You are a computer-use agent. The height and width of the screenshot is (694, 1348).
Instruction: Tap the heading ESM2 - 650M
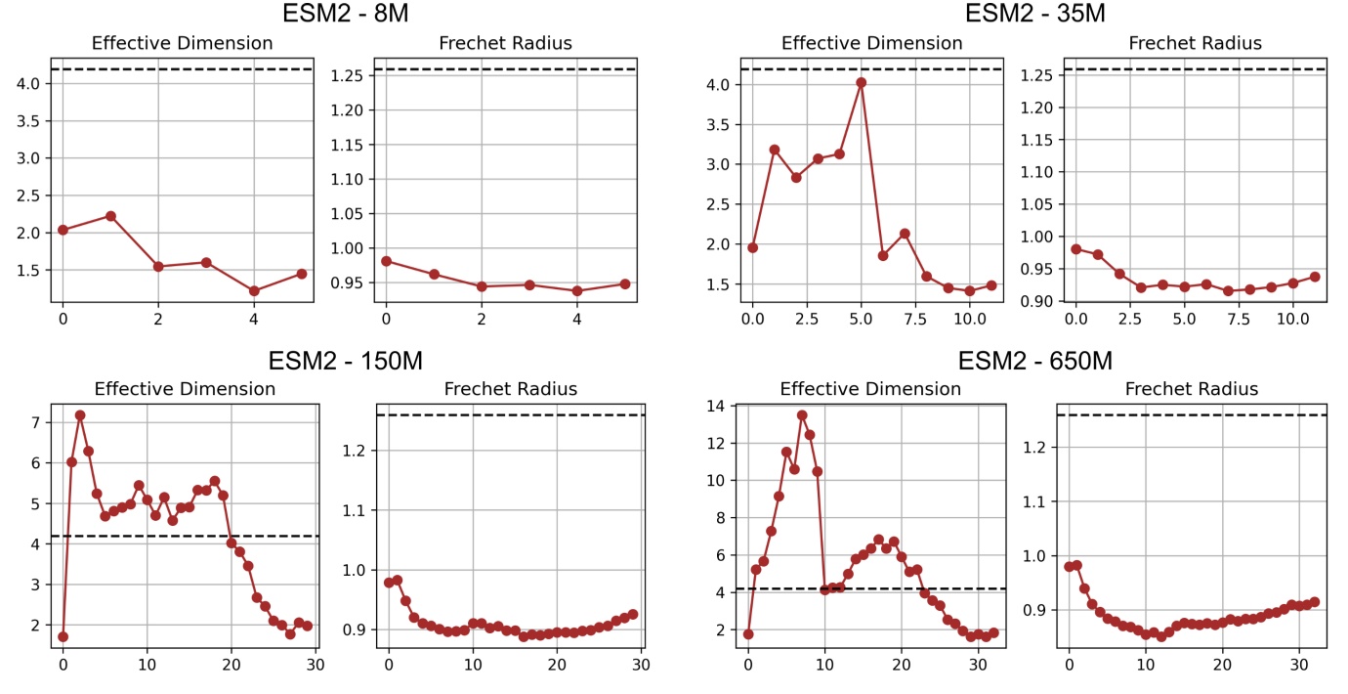coord(1034,361)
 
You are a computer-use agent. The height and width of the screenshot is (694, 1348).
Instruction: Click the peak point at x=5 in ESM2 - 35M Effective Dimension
coord(861,82)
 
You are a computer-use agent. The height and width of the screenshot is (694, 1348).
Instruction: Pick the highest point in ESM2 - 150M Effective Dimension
coord(80,415)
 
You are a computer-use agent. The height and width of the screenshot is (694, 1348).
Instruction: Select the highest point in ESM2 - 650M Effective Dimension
coord(802,415)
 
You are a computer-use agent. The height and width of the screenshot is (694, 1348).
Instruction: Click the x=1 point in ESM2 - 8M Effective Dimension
coord(110,216)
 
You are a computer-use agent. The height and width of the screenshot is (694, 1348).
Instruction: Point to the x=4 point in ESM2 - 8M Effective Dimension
coord(254,290)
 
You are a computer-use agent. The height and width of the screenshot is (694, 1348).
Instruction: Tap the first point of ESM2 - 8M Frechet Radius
coord(386,261)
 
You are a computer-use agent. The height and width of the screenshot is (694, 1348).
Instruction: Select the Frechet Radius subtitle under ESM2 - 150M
coord(511,389)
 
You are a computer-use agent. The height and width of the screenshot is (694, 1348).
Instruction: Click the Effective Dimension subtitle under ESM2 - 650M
coord(870,389)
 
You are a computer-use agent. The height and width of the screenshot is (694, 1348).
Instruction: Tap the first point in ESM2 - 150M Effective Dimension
coord(63,636)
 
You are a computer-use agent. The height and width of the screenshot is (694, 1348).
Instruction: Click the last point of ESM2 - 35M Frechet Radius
coord(1315,277)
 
